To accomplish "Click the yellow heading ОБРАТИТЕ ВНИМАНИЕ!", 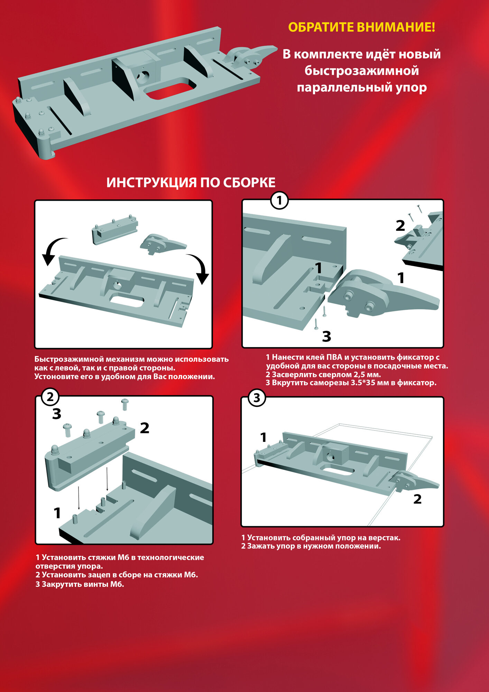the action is [x=361, y=27].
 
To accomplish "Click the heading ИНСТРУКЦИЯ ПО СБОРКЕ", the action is [x=191, y=183].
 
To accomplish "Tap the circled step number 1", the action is [x=279, y=201].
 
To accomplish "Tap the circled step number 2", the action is [x=50, y=397].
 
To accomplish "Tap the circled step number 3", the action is [x=257, y=398].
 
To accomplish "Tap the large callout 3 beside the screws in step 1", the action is [x=326, y=336].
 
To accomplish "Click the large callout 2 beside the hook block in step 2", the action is [x=145, y=428].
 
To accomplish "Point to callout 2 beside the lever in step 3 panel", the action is [x=417, y=499].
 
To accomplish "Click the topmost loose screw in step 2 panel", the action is [x=125, y=404].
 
